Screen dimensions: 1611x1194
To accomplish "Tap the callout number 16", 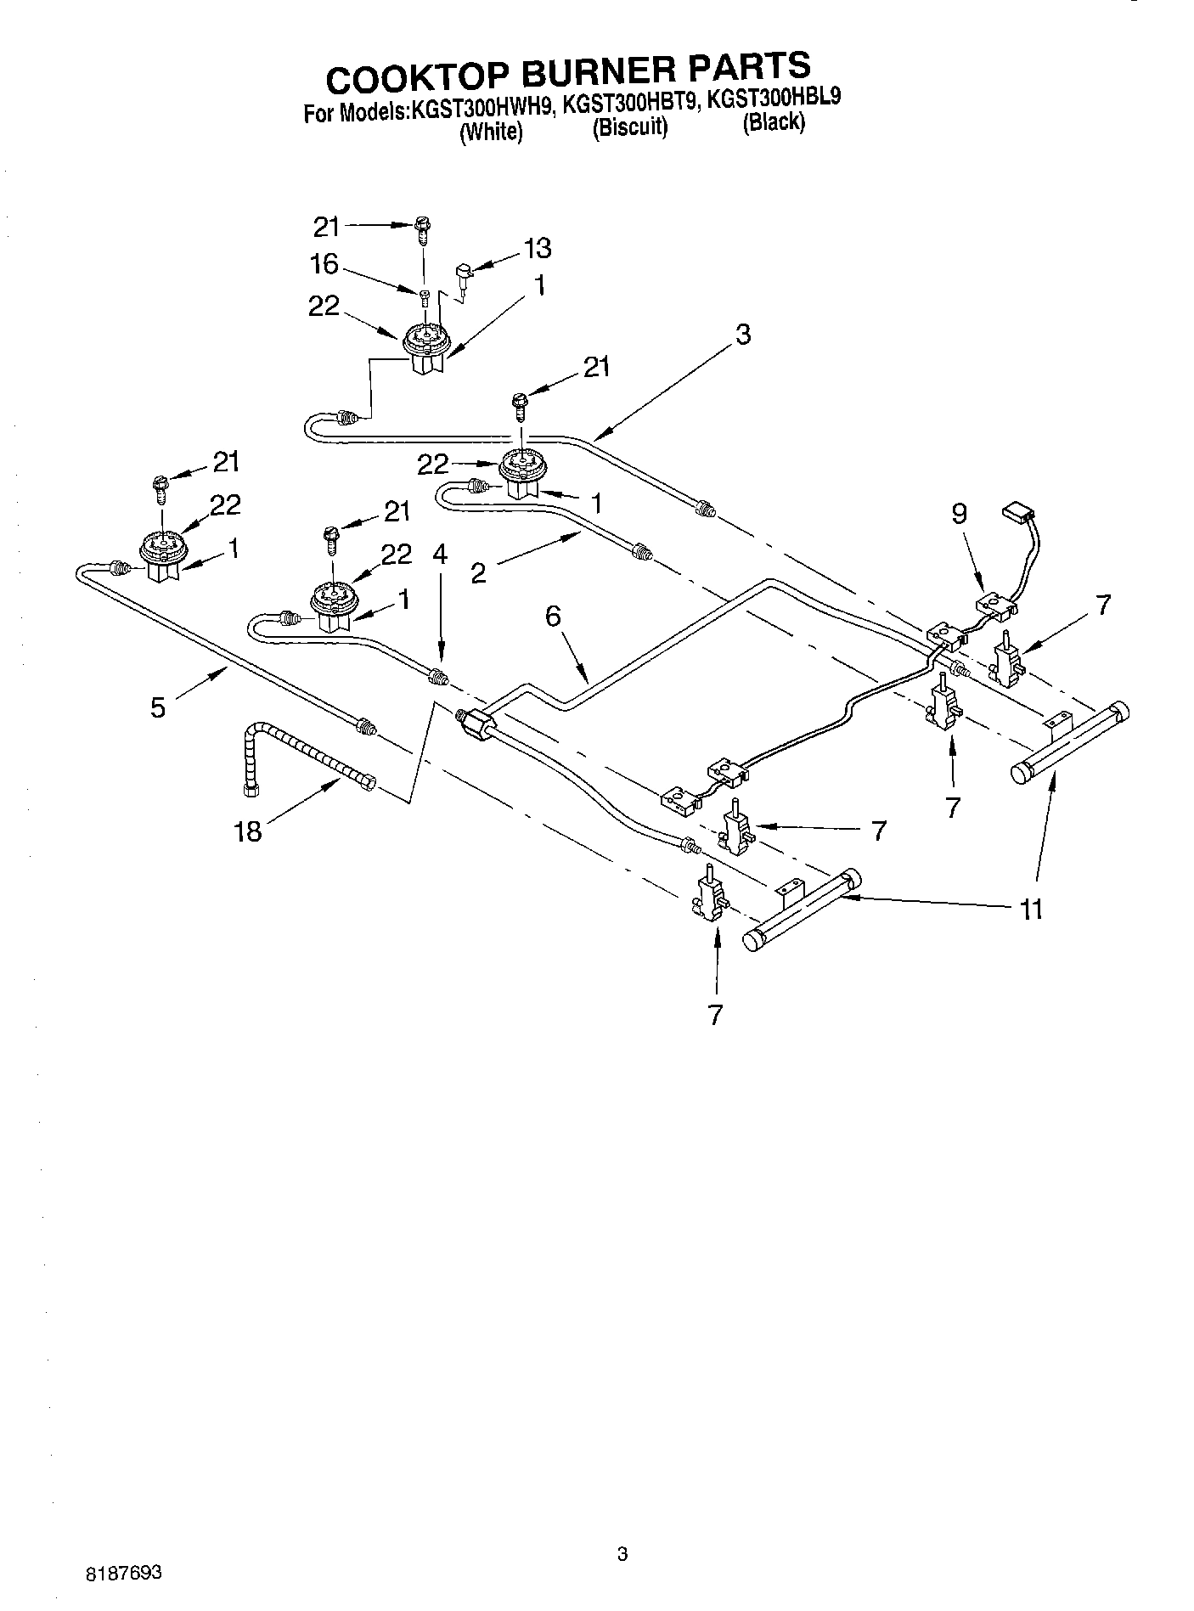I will (324, 264).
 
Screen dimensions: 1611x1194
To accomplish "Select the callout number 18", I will (248, 831).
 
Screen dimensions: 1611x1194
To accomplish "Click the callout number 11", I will (1030, 910).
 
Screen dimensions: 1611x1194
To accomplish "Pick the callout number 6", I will (553, 617).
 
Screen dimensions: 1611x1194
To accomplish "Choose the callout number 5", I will (159, 707).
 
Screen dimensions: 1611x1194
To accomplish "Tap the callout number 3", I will (743, 335).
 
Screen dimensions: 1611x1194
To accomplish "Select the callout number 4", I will (439, 554).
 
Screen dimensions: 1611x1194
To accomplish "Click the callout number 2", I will (478, 574).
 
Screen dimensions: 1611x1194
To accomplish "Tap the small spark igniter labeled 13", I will (465, 274).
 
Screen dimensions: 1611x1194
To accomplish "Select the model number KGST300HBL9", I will (774, 98).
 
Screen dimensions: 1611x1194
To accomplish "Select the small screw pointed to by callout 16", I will (425, 295).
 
